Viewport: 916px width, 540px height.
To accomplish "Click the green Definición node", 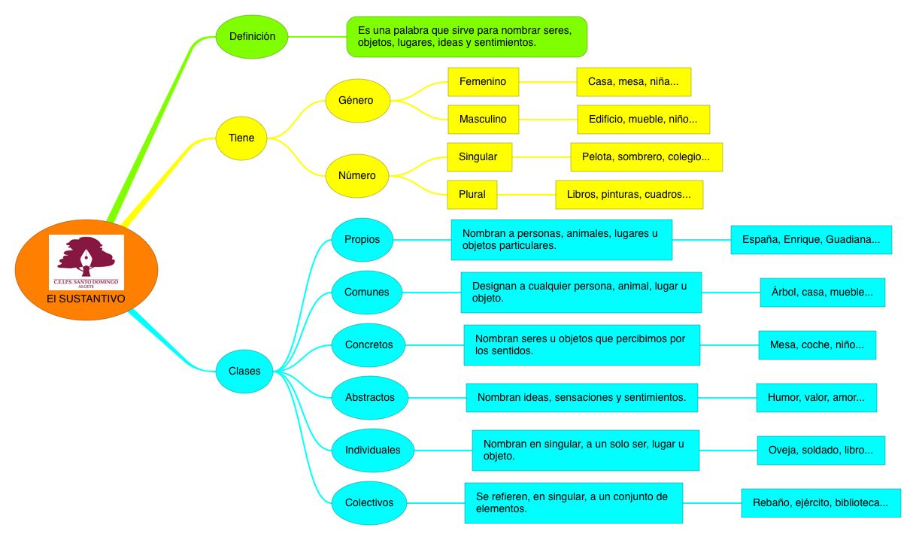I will tap(252, 36).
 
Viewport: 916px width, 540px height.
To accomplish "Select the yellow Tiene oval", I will tap(241, 138).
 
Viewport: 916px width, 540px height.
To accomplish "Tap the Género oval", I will tap(358, 100).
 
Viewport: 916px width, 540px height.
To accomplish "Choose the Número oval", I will tap(358, 175).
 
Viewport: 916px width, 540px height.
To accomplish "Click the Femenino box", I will tap(483, 81).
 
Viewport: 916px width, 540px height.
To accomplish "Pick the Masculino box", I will tap(483, 119).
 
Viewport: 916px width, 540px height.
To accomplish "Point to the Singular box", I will tap(479, 156).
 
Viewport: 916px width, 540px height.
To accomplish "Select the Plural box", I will tap(472, 194).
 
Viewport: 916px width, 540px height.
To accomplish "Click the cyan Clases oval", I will tap(244, 371).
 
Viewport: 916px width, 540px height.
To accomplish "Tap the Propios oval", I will tap(362, 240).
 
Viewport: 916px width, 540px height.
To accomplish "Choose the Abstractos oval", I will tap(369, 397).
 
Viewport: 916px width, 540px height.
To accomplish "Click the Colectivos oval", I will tap(369, 502).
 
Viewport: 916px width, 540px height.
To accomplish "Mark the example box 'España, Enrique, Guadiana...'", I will tap(811, 240).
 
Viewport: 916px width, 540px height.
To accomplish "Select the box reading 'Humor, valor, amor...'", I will tap(816, 397).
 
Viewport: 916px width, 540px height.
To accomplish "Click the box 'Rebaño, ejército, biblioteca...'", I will tap(820, 502).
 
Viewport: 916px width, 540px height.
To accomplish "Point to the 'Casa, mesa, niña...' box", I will tap(633, 81).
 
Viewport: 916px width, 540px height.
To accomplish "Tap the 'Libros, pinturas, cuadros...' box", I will tap(629, 194).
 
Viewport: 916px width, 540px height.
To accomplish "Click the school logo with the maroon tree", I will tap(86, 261).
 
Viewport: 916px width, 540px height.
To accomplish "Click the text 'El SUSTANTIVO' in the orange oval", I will tap(86, 299).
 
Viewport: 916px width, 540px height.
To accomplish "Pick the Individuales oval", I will tap(372, 450).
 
